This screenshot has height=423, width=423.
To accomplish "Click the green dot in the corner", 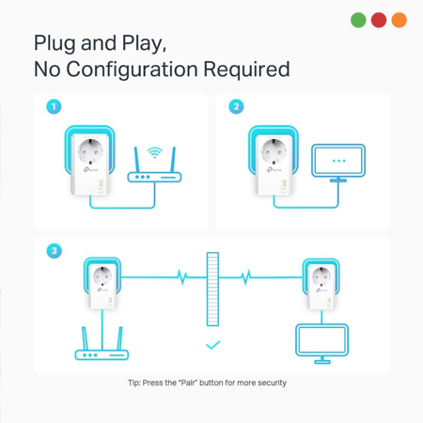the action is tap(358, 20).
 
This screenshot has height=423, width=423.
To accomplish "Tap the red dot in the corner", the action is tap(379, 20).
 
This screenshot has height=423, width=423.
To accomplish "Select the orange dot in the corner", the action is tap(399, 20).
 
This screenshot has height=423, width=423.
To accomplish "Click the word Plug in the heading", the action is tap(55, 43).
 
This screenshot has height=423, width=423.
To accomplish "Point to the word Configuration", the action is tap(132, 70).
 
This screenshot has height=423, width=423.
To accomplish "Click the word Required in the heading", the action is tap(246, 69).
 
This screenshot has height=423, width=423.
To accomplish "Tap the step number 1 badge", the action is tap(54, 106).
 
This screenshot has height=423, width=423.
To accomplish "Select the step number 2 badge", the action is tap(236, 106).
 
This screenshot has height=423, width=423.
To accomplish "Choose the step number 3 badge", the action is tap(54, 251).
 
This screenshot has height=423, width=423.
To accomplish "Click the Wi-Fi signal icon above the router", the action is tap(155, 152).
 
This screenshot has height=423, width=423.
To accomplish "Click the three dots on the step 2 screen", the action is tap(338, 161).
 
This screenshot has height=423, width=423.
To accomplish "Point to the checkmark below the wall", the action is tap(213, 345).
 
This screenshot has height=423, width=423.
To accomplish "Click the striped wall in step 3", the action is tap(212, 289).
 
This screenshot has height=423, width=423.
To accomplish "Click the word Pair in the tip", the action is tap(188, 383).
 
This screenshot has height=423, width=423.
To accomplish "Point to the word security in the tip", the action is tap(272, 383).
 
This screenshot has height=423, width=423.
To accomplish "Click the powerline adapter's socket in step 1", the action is tap(90, 151).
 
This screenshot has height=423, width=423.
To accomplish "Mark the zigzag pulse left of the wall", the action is tap(182, 277).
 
